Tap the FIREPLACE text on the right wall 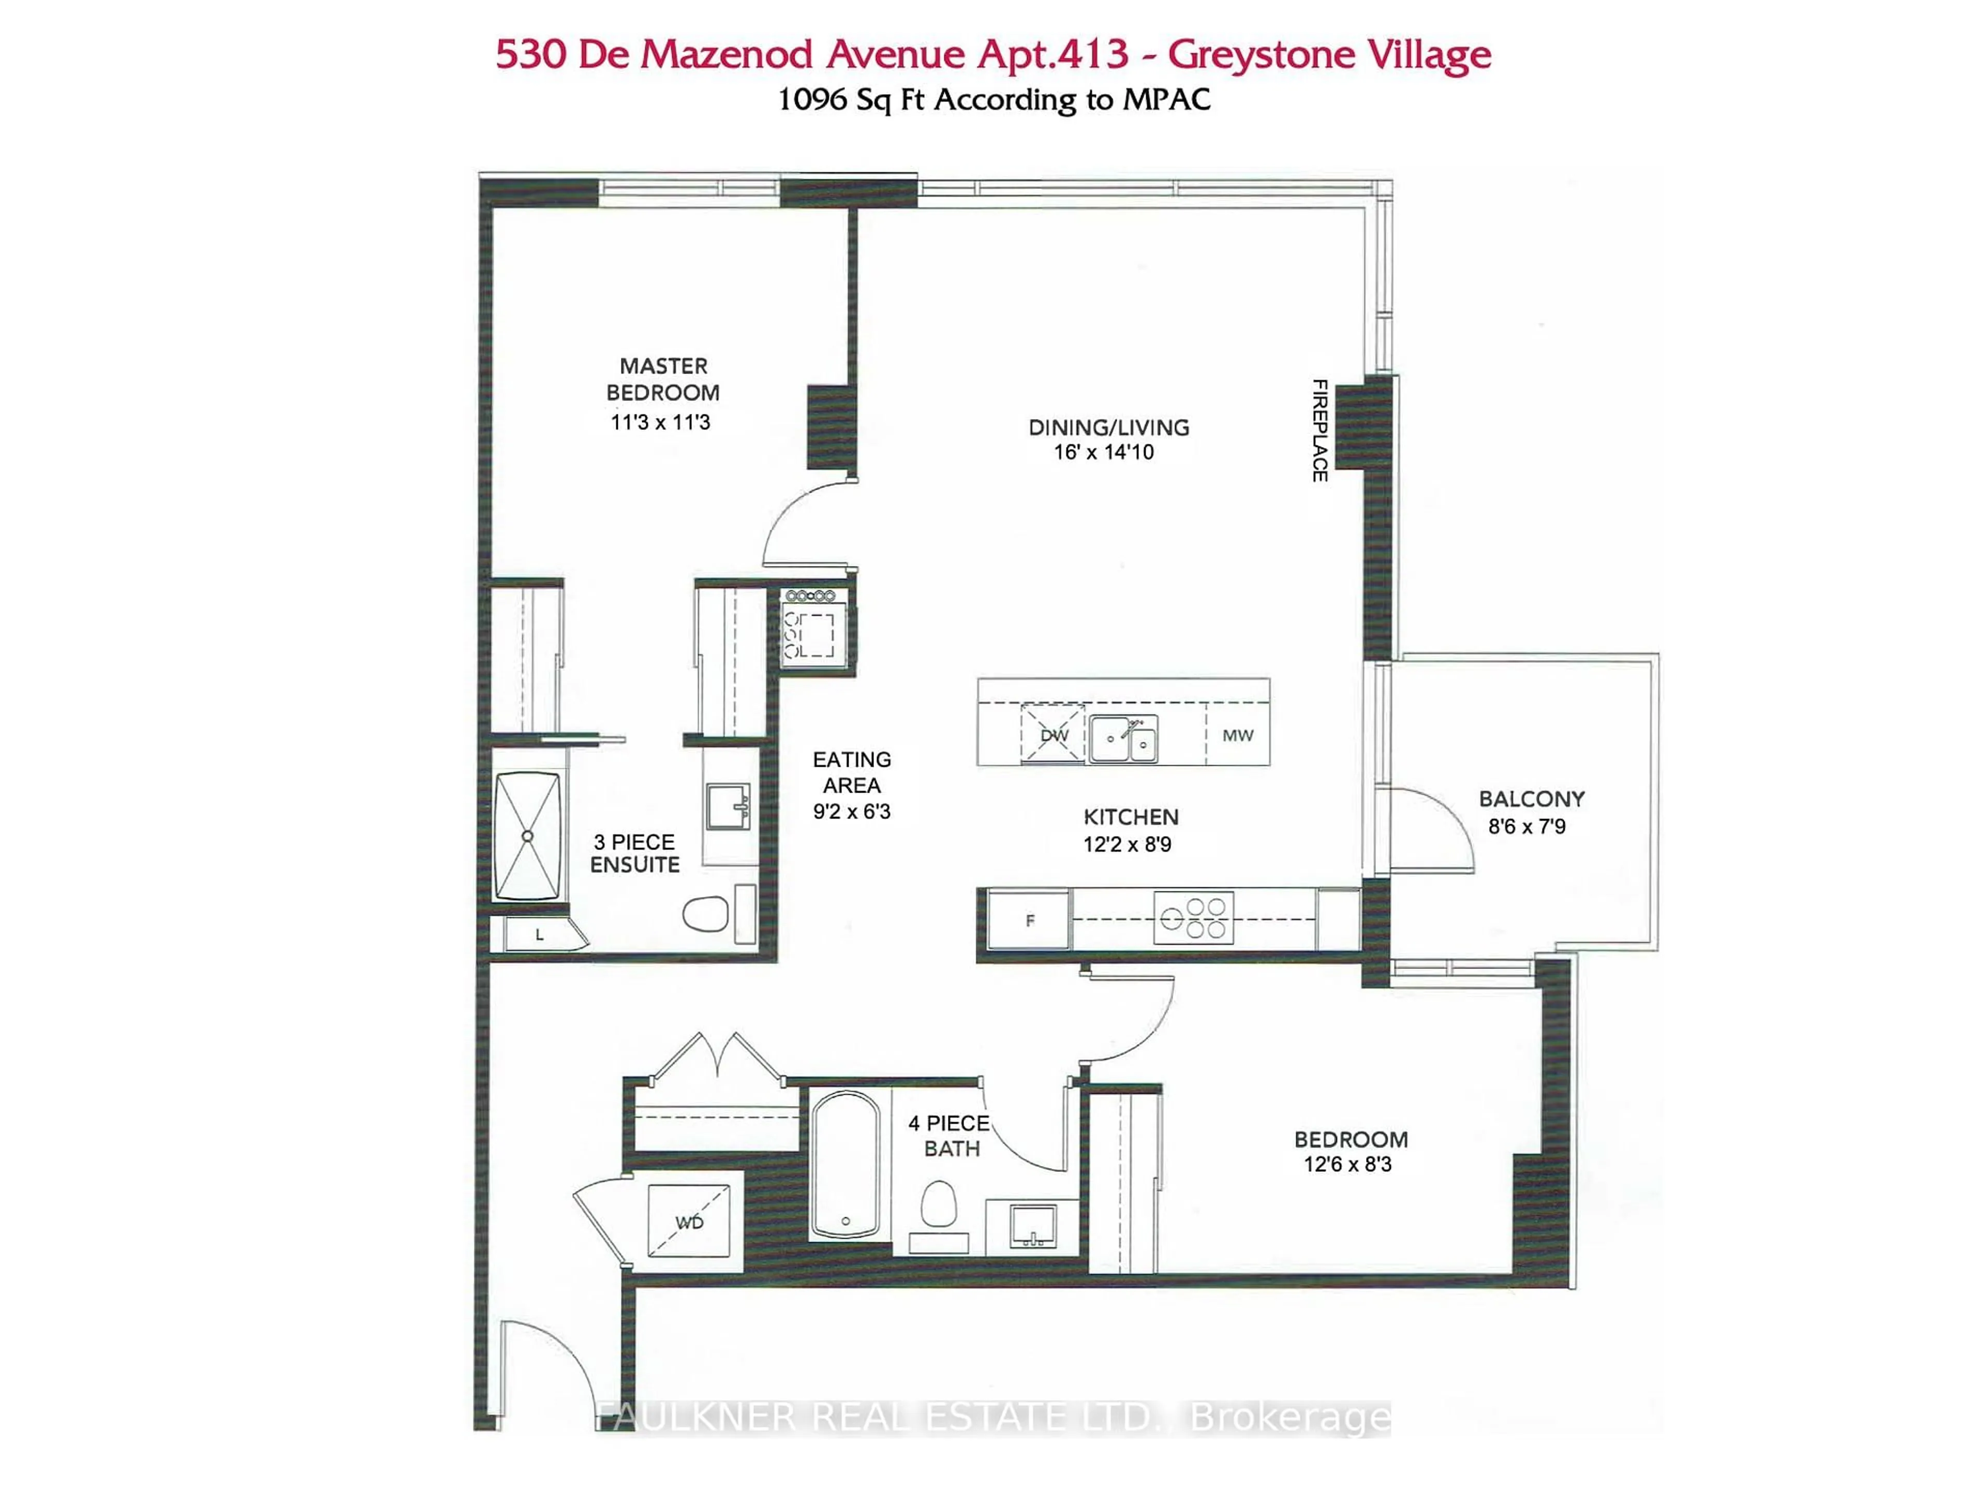pyautogui.click(x=1319, y=430)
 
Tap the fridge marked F pyautogui.click(x=1029, y=920)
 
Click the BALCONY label pyautogui.click(x=1532, y=798)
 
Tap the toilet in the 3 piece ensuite pyautogui.click(x=706, y=914)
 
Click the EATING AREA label pyautogui.click(x=852, y=772)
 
